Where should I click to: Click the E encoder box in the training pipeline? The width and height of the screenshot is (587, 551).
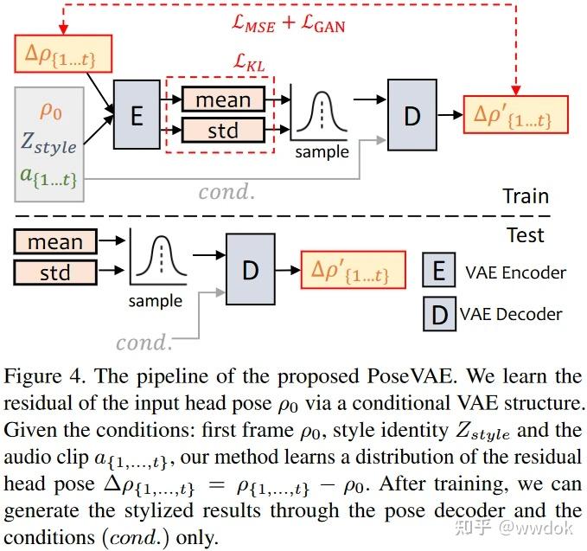(137, 116)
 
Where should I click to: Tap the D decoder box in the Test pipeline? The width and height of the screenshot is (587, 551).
(251, 270)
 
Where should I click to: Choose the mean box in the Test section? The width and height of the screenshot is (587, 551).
(55, 242)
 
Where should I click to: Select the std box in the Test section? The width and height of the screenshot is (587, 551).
(55, 273)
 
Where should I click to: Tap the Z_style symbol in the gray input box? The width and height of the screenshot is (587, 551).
(48, 144)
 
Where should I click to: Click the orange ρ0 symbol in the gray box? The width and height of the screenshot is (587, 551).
(51, 112)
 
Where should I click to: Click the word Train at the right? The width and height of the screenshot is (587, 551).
(526, 196)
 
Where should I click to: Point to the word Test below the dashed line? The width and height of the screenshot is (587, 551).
(525, 234)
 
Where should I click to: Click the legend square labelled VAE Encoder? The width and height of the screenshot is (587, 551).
(439, 272)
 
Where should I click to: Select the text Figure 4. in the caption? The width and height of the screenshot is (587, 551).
(45, 378)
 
